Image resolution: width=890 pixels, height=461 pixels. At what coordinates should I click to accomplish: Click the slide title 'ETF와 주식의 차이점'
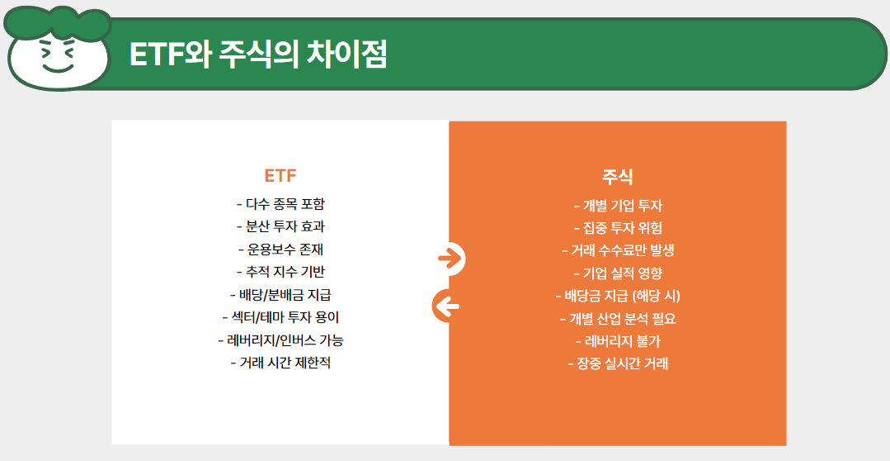(257, 55)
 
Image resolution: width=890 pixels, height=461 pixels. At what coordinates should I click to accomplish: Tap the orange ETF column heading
(280, 176)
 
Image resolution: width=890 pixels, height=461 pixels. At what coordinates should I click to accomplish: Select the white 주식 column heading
(618, 177)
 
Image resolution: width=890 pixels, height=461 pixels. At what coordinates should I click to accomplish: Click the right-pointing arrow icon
(450, 259)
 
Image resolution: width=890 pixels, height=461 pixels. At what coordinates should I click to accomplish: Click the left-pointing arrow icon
(447, 307)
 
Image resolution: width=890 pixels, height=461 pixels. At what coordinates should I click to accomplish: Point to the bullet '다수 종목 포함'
(280, 204)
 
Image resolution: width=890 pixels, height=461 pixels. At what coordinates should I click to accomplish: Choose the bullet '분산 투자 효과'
(280, 226)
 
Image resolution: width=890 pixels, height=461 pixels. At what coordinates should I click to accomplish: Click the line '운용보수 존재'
(280, 249)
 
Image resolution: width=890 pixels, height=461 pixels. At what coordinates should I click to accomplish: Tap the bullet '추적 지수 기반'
(280, 271)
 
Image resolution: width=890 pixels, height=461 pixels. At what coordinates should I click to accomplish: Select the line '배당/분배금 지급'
(280, 294)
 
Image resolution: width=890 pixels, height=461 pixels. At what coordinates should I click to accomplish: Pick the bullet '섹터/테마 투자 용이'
(280, 316)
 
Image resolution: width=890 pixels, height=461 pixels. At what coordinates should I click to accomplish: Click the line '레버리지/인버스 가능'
(280, 340)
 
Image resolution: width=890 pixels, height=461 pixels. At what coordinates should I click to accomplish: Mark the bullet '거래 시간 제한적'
(280, 362)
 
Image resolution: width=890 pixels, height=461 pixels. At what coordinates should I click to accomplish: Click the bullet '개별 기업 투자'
(618, 206)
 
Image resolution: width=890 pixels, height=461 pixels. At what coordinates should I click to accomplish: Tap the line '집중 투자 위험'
(618, 228)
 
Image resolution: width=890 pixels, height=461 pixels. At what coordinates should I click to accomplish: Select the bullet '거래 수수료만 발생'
(618, 250)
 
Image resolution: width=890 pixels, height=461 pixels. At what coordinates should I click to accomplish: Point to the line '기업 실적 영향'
(618, 273)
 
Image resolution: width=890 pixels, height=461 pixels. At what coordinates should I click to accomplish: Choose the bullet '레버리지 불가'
(618, 340)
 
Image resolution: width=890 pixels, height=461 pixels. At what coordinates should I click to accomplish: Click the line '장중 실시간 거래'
(618, 363)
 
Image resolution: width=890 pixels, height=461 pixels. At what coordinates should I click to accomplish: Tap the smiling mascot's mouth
(57, 67)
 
